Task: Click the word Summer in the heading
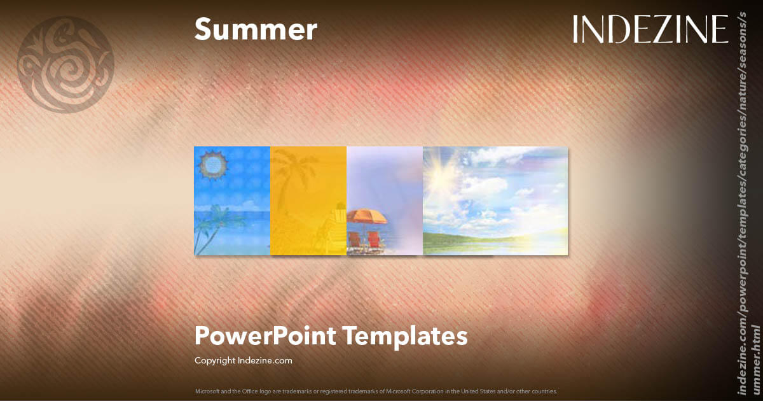(x=255, y=29)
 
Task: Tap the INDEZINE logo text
(x=650, y=29)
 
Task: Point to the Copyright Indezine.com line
(x=243, y=360)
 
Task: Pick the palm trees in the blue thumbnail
(x=210, y=226)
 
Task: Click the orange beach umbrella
(x=367, y=216)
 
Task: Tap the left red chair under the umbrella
(x=355, y=240)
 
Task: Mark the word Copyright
(x=215, y=360)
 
